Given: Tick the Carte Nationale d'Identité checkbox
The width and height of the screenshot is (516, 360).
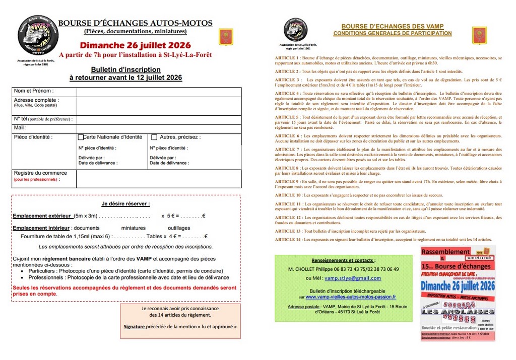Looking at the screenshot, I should [x=81, y=137].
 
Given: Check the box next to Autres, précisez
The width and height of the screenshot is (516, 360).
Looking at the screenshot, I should [x=154, y=137].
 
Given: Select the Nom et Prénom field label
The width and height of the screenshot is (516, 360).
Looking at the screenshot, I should [x=34, y=91].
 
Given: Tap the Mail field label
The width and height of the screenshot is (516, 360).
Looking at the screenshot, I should [x=20, y=127].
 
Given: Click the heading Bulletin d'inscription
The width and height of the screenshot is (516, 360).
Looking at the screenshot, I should [x=125, y=69].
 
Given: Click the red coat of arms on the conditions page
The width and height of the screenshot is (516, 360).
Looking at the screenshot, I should [x=479, y=35].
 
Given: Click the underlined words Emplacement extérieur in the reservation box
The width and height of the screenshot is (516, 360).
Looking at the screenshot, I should [x=42, y=215].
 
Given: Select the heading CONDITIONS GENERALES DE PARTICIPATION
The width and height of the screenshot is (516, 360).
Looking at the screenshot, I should [x=393, y=33].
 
